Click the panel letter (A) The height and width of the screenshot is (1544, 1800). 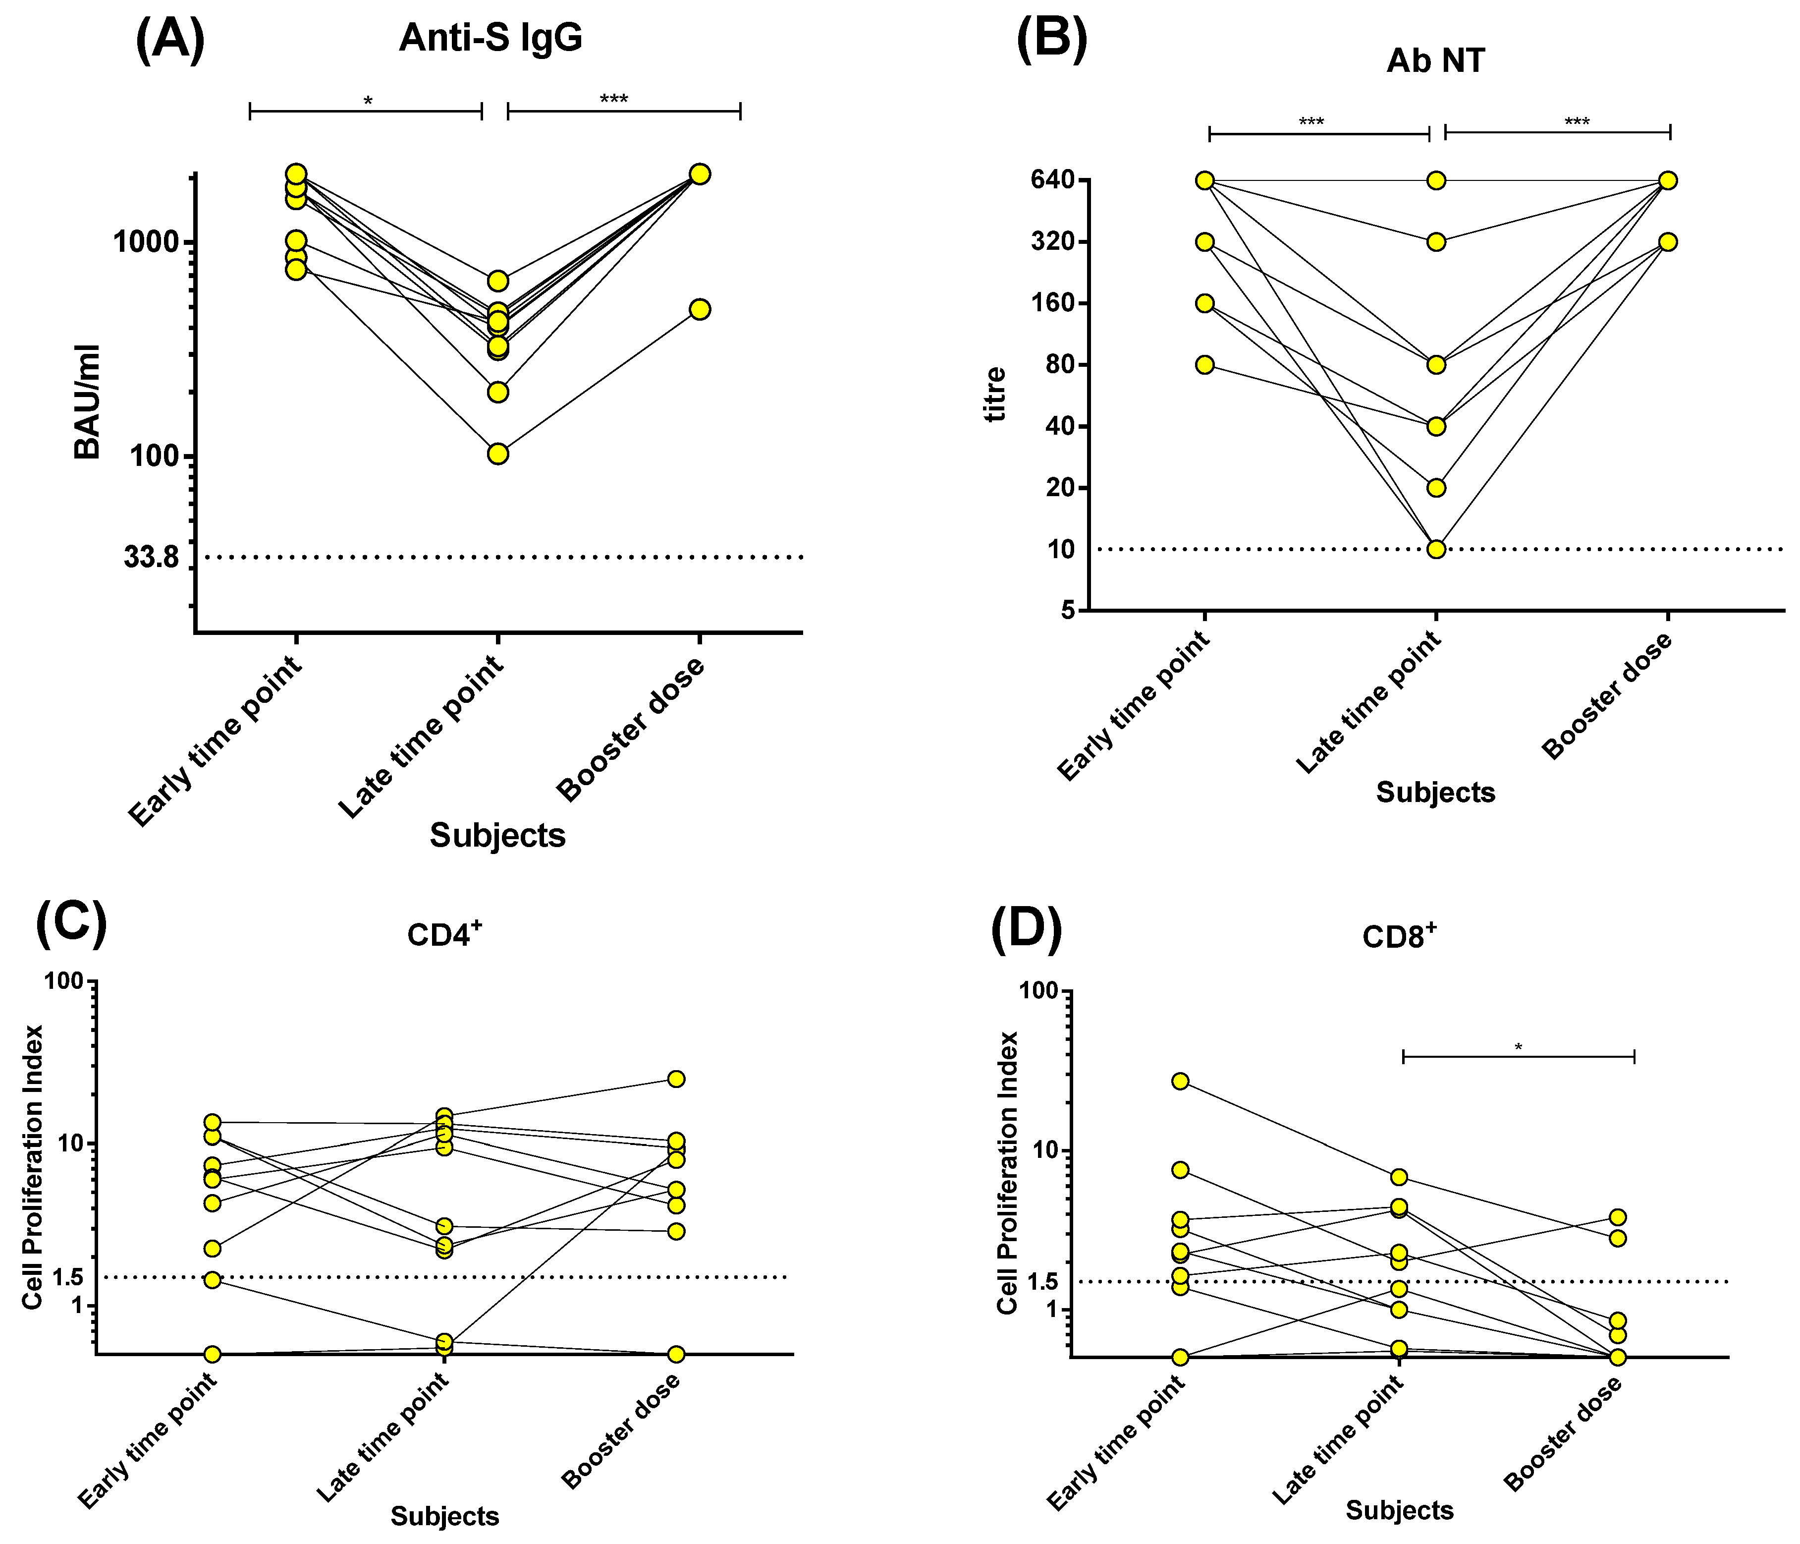pos(170,40)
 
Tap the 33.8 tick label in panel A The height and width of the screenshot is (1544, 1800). pos(151,558)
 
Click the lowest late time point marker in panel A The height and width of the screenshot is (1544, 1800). pos(498,454)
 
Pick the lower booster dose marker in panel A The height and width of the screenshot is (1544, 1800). pos(700,309)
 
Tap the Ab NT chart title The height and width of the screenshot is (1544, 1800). pos(1436,61)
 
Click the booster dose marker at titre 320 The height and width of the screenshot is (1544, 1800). pos(1668,241)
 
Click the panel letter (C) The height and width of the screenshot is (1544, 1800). pos(71,924)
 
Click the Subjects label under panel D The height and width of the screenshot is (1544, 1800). pos(1400,1510)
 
